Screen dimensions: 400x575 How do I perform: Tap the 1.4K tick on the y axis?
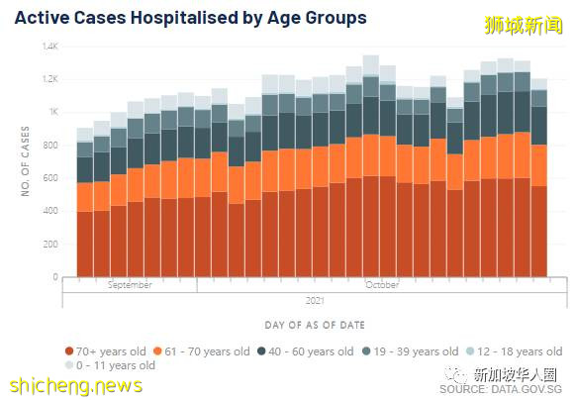pos(50,47)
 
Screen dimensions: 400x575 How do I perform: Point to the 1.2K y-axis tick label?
pos(50,79)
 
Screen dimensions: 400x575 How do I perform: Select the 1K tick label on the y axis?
pos(53,113)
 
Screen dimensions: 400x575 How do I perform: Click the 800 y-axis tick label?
pos(51,146)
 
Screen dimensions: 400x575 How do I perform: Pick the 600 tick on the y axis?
pos(51,178)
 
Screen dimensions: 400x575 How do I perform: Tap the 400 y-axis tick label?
pos(51,211)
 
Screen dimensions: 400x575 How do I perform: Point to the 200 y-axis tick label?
pos(51,244)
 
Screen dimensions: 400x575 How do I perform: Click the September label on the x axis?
pos(130,285)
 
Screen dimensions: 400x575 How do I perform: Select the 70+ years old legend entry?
pos(110,351)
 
